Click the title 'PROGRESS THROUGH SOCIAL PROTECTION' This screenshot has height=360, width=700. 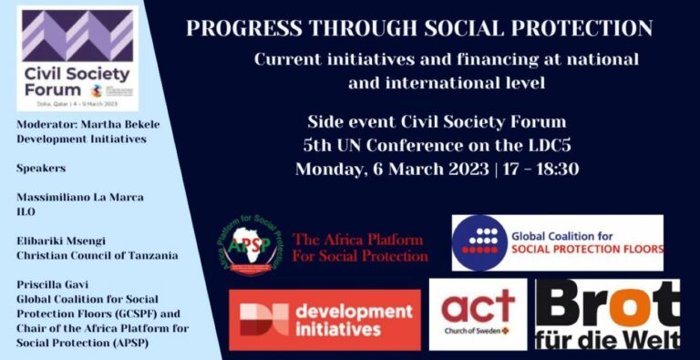[x=418, y=28]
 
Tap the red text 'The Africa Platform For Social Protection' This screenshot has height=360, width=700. [x=359, y=247]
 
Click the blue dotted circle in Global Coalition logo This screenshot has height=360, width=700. [x=480, y=242]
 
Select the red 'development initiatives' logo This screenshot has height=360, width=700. [x=324, y=320]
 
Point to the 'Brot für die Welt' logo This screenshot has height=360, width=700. [x=607, y=315]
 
